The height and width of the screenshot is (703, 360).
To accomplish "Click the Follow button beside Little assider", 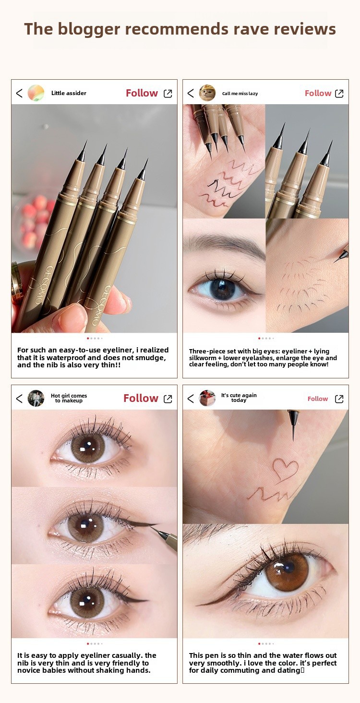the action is click(142, 93).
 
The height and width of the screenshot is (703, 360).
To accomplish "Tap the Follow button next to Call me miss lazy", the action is click(318, 93).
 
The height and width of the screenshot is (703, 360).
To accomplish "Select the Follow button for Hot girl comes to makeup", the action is click(141, 398).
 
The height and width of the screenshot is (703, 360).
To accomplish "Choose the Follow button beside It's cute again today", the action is click(318, 399).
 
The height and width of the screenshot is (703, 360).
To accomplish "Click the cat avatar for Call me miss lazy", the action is click(207, 93).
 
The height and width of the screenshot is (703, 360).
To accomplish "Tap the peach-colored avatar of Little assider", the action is click(36, 93).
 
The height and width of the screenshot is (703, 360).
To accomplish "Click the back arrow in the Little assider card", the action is click(19, 93).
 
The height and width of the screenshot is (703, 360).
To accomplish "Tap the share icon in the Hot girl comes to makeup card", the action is click(168, 399).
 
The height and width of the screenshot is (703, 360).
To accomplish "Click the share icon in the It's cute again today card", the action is click(339, 399).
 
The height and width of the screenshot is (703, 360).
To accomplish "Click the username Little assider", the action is click(69, 93).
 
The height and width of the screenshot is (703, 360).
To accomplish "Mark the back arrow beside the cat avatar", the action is click(191, 93).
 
